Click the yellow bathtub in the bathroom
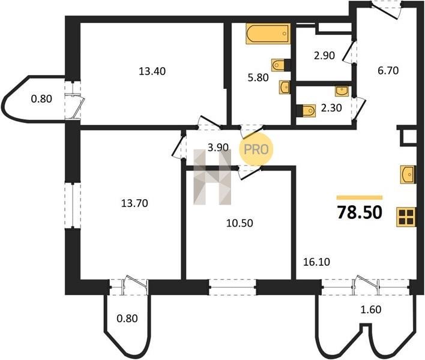coord(268,34)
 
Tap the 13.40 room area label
coord(152,71)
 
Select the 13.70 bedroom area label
coord(134,203)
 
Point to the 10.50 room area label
coord(240,223)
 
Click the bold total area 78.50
coord(360,212)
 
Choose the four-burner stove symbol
coord(406,217)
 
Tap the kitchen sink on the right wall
coord(408,175)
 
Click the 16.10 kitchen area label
coord(316,262)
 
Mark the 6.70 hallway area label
coord(388,71)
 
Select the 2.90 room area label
coord(324,56)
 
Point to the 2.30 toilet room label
coord(331,108)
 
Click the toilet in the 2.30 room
coord(306,111)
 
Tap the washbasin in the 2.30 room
coord(342,91)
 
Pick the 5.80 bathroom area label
coord(258,78)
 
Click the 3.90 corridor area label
coord(218,148)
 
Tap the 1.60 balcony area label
coord(371,310)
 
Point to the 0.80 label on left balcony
coord(41,99)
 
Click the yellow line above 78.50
coord(360,197)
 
